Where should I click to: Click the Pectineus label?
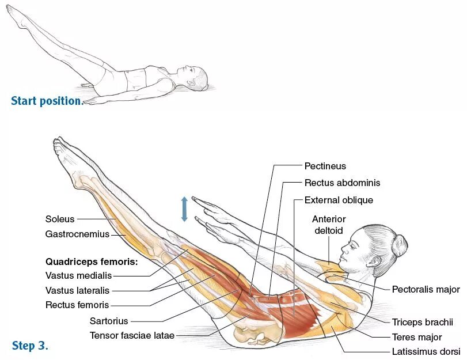[x=325, y=166]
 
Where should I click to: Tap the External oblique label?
[x=339, y=200]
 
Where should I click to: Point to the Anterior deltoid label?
[x=329, y=225]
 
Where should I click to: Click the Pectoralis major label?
[x=426, y=289]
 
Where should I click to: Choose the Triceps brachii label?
[x=423, y=322]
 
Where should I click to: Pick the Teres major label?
[x=417, y=337]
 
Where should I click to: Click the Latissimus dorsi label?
[x=426, y=351]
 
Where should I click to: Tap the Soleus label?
[x=60, y=219]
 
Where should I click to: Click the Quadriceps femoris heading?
[x=92, y=262]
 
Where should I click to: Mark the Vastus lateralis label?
[x=77, y=290]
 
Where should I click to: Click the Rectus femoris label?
[x=77, y=305]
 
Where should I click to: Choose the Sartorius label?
[x=109, y=321]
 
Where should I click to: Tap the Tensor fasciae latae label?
[x=132, y=335]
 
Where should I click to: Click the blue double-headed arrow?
[x=184, y=209]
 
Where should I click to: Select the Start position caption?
[x=47, y=101]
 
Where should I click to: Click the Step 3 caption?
[x=30, y=346]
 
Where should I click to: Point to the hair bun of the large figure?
[x=400, y=244]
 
